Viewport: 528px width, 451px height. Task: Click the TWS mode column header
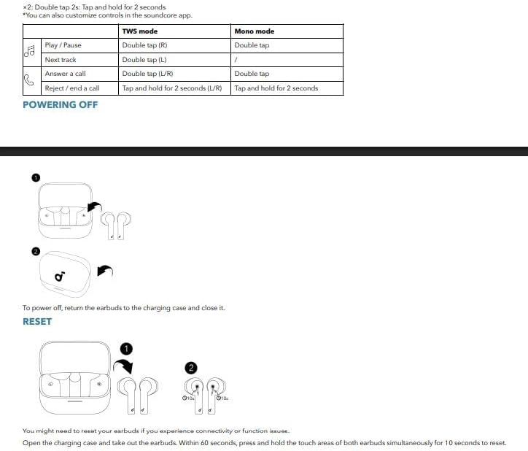139,31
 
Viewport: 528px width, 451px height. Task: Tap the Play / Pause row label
63,45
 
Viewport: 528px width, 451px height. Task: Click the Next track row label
60,60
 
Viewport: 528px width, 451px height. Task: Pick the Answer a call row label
65,74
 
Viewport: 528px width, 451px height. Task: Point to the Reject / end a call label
71,88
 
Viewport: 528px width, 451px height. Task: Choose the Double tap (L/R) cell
147,74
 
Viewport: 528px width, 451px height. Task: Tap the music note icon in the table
30,52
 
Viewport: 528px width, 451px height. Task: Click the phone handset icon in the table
30,81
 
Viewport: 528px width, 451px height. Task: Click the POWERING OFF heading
60,104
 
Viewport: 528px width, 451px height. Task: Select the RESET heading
37,321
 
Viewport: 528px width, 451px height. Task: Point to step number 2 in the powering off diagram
36,251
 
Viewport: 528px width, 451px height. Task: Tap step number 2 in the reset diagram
192,368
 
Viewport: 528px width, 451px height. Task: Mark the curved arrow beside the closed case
105,271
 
